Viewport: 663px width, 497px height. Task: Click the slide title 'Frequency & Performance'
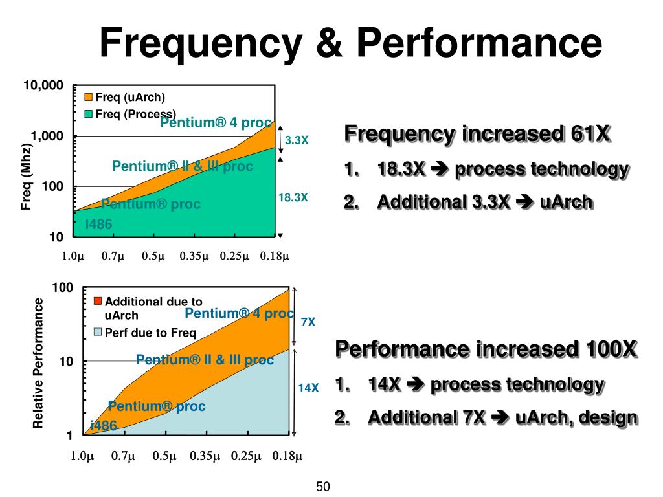tap(350, 45)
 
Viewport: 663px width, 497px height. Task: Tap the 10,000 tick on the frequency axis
tap(44, 85)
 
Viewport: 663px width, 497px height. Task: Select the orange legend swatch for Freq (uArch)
tap(89, 98)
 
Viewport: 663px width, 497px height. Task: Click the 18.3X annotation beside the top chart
tap(293, 197)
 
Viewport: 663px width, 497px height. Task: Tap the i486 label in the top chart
tap(99, 224)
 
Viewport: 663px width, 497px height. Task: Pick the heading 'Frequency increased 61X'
tap(477, 135)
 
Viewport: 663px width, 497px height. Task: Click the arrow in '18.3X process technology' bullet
tap(440, 170)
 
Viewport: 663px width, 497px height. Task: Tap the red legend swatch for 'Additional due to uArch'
tap(98, 301)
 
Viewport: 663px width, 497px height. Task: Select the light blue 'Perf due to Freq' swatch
tap(98, 333)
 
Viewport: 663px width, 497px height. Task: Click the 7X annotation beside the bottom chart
tap(308, 322)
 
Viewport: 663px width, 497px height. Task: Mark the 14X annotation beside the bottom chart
tap(308, 388)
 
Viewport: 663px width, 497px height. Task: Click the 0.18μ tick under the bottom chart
tap(287, 457)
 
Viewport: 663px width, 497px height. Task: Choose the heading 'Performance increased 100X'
tap(487, 349)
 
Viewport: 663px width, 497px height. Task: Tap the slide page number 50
tap(323, 487)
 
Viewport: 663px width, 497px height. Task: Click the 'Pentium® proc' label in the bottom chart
tap(157, 406)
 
